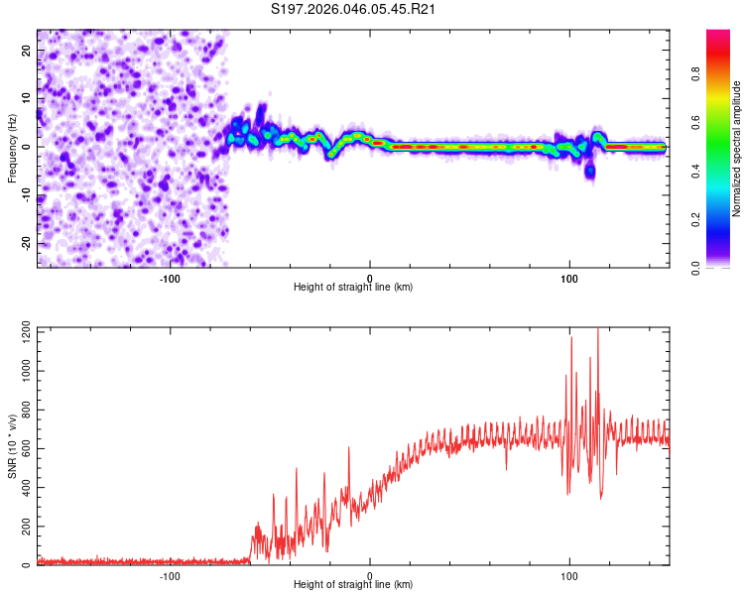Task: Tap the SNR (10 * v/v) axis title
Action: tap(12, 446)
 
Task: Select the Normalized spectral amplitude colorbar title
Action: tap(736, 149)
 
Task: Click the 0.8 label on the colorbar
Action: tap(723, 73)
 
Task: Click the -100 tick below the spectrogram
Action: tap(170, 277)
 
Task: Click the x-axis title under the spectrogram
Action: tap(353, 288)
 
